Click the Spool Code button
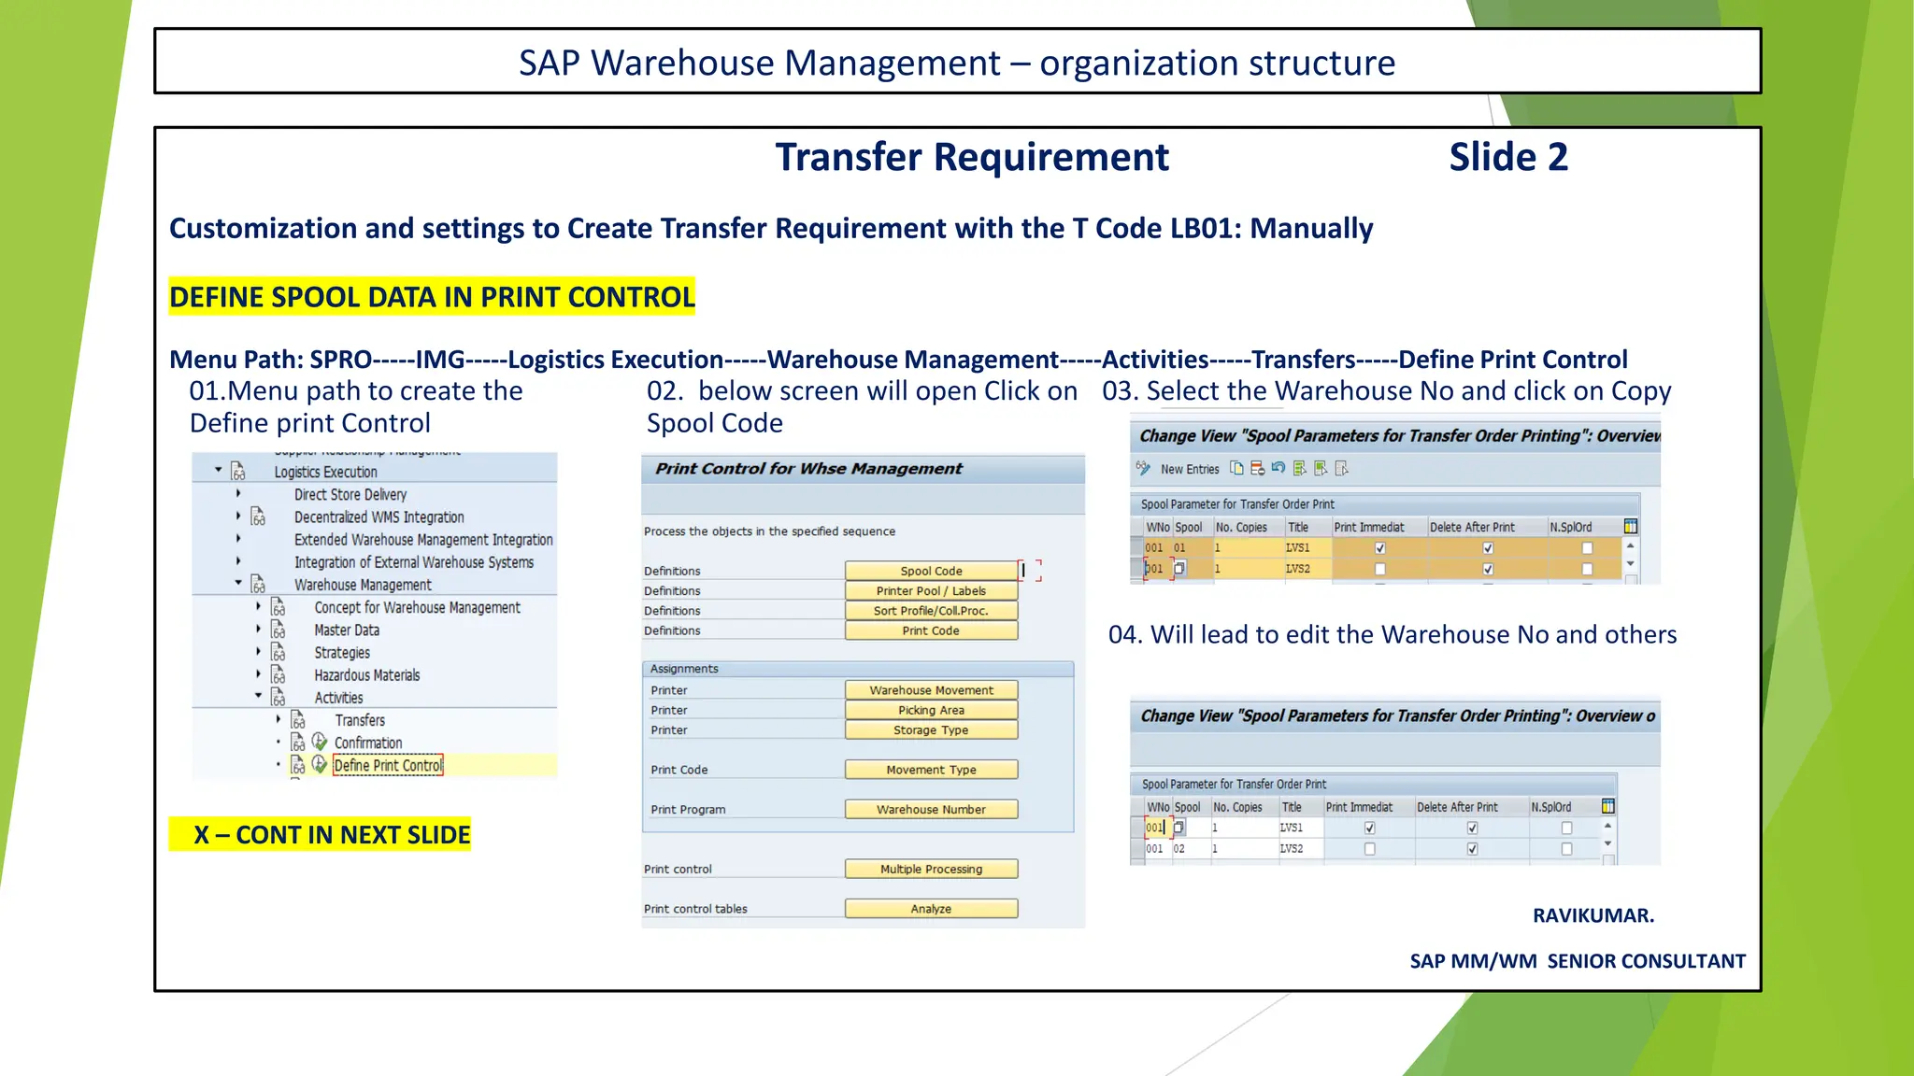(x=931, y=571)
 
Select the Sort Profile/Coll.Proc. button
(x=931, y=611)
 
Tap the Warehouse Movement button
(x=931, y=690)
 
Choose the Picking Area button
(x=931, y=710)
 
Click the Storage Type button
(x=931, y=730)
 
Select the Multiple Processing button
(x=931, y=869)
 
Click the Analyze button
(x=931, y=909)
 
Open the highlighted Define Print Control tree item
(x=388, y=765)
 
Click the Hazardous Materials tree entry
(x=366, y=675)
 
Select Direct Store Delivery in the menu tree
(x=350, y=494)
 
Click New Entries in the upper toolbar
(x=1189, y=469)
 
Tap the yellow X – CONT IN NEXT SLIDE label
(x=321, y=834)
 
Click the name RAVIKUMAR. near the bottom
(x=1593, y=915)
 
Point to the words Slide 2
(x=1508, y=157)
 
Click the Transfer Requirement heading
(x=971, y=157)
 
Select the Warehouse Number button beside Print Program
(x=931, y=810)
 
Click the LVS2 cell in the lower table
(x=1292, y=848)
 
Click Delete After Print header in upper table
(x=1472, y=527)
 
